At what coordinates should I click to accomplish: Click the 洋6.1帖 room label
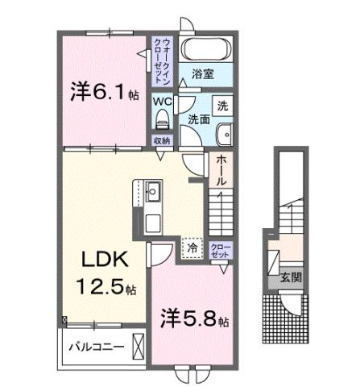click(103, 92)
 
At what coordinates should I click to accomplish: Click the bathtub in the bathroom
click(203, 48)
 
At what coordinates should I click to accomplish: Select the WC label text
click(161, 102)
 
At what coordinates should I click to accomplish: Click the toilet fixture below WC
click(161, 120)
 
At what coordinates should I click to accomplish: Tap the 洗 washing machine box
click(221, 106)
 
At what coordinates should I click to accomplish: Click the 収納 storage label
click(161, 140)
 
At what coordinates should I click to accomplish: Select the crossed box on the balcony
click(139, 347)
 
